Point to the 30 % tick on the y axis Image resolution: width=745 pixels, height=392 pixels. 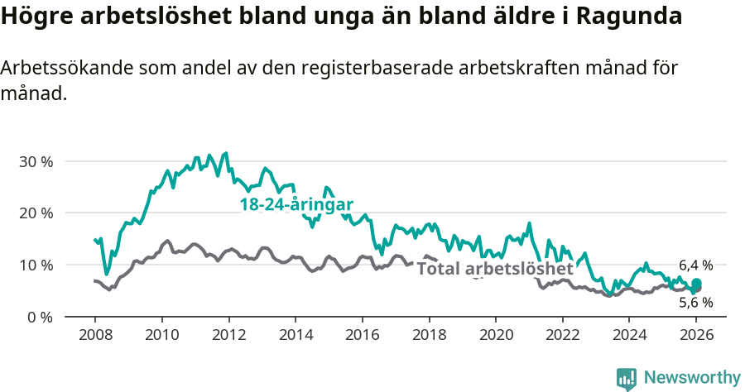pos(36,161)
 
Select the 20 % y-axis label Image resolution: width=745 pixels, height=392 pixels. pos(36,213)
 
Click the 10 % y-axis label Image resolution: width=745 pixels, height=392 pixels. pos(36,265)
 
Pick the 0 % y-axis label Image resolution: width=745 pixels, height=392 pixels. pos(40,317)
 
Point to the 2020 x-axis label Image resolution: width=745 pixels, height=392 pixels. pos(496,336)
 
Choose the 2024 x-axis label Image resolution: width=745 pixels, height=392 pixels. pos(629,336)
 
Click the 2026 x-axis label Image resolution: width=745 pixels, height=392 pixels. pos(696,336)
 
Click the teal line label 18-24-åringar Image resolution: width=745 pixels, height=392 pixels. pos(296,205)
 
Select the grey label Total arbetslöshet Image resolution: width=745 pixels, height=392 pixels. pos(494,269)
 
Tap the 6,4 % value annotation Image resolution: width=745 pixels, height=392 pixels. pos(695,265)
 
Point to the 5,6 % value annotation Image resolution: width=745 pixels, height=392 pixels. pos(695,303)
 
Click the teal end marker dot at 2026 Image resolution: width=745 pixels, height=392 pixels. pos(696,284)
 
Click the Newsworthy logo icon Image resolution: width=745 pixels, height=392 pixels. pos(627,378)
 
